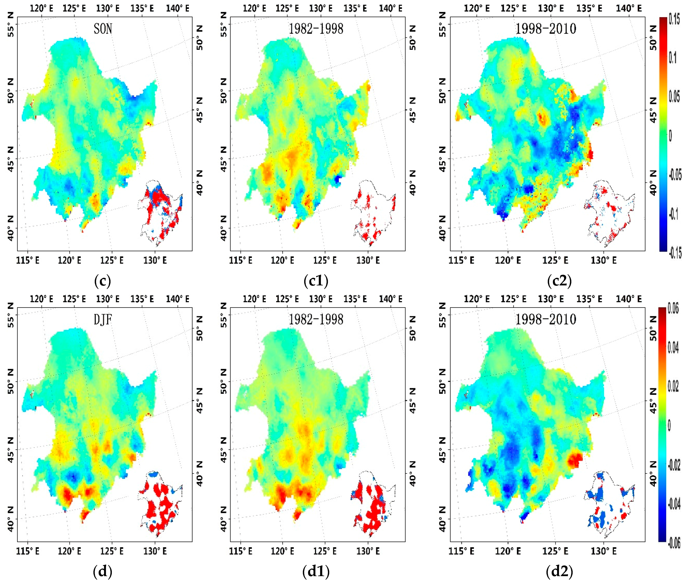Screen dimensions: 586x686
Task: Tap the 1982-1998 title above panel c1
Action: [316, 29]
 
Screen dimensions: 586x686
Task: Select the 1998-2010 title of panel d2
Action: [546, 319]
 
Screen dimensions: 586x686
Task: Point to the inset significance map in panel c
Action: [160, 213]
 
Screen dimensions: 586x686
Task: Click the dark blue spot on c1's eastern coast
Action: [338, 180]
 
